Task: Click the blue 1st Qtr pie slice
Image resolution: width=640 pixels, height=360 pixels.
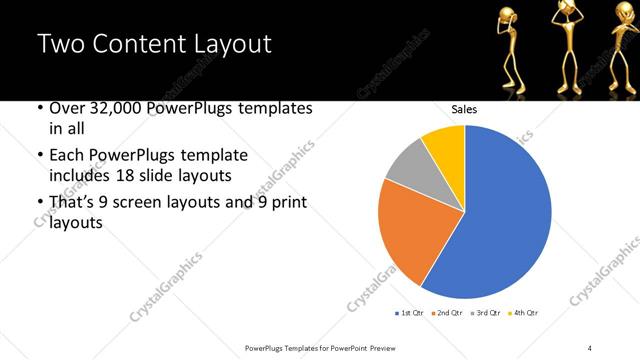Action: [x=500, y=220]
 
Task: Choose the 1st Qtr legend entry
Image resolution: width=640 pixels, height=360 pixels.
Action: [x=410, y=314]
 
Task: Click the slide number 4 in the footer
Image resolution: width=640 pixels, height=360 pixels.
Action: [x=590, y=346]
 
